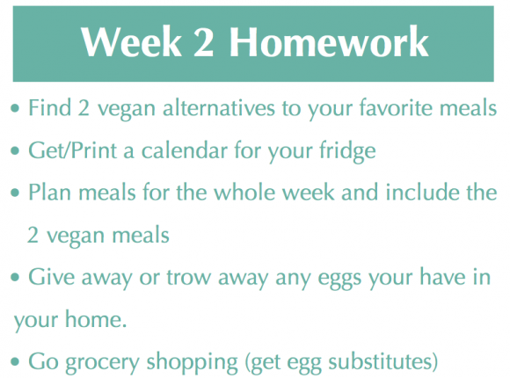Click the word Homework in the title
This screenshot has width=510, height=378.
click(329, 41)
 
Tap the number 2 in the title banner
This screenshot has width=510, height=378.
click(203, 42)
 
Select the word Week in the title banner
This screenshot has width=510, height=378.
click(131, 41)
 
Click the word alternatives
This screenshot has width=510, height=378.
click(219, 107)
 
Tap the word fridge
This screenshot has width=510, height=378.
click(347, 151)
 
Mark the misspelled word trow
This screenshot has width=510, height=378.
click(187, 277)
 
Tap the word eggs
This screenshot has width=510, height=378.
click(339, 279)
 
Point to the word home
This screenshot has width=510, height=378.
click(96, 319)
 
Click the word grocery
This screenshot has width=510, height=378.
click(103, 362)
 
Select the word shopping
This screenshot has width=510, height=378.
click(193, 362)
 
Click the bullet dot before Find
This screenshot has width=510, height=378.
click(15, 108)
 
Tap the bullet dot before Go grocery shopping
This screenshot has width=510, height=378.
click(15, 361)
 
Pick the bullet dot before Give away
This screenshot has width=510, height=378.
click(15, 277)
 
